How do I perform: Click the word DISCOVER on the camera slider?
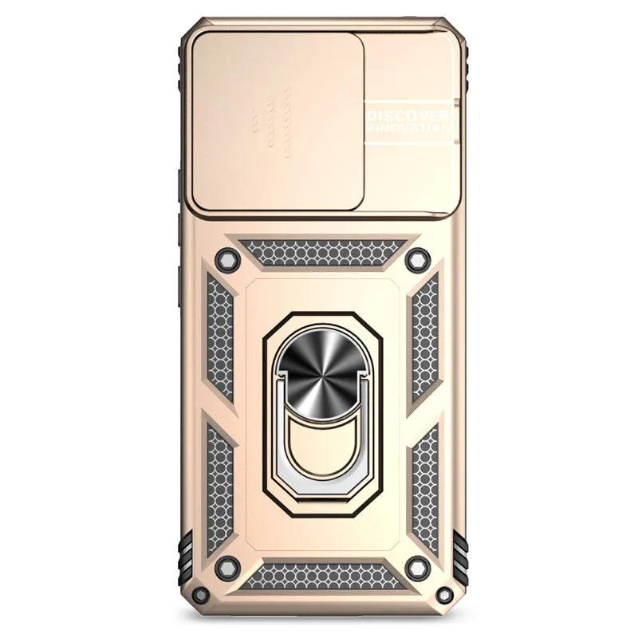tap(408, 116)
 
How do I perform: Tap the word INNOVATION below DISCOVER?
tap(409, 127)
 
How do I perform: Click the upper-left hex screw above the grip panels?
tap(226, 258)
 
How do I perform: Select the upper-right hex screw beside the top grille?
tap(417, 258)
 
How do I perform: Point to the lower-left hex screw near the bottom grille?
tap(226, 567)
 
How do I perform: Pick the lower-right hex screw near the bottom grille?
tap(417, 567)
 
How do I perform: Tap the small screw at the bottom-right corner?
tap(445, 594)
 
